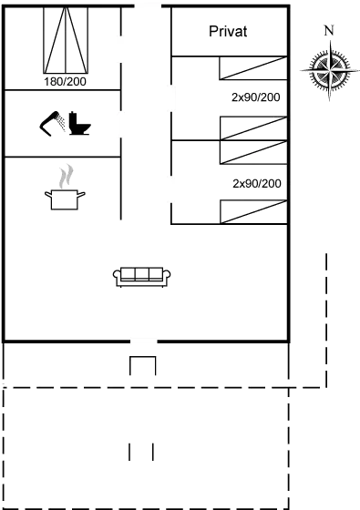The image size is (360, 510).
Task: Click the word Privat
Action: coord(229,32)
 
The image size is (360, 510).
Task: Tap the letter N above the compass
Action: coord(328,30)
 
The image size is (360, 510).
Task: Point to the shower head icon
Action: coord(52,121)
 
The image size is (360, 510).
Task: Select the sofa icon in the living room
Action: coord(142,276)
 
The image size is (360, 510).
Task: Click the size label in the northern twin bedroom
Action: coord(256,97)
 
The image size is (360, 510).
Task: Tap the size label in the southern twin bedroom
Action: coord(256,183)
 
